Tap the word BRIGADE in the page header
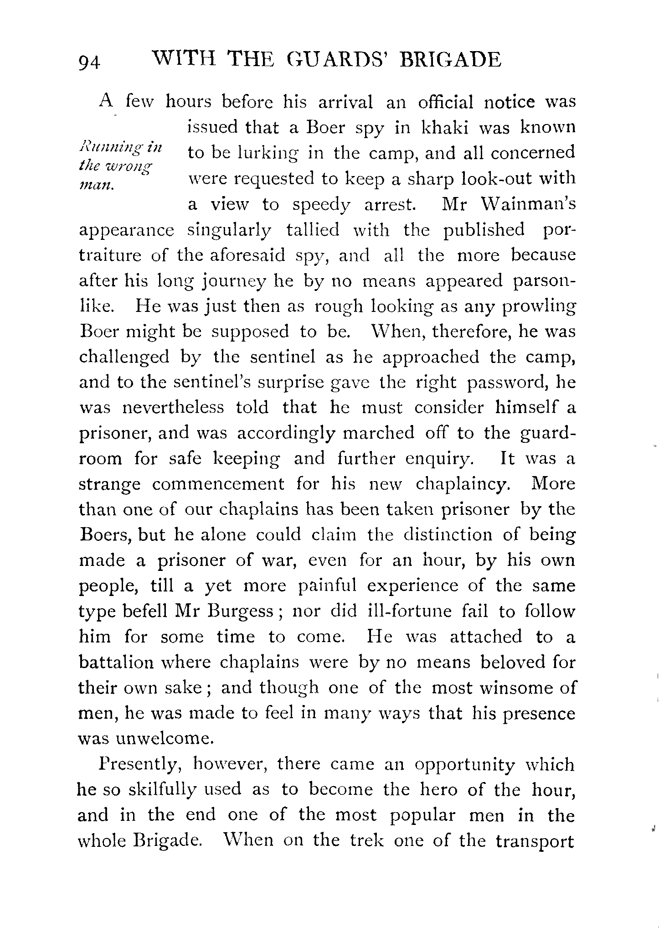pos(451,60)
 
